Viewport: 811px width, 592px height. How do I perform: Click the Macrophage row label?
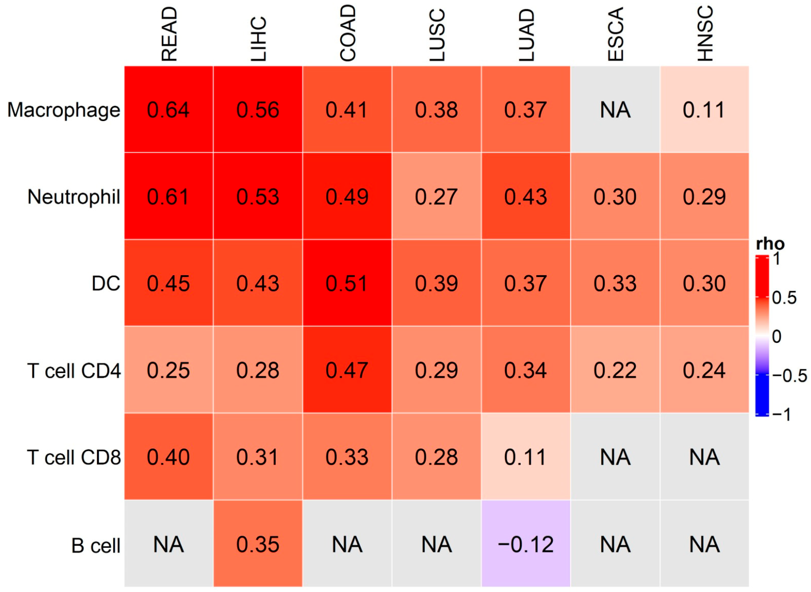[64, 110]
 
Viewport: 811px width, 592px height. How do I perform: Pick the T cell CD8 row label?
[74, 457]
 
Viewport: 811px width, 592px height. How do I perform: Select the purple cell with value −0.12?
[526, 543]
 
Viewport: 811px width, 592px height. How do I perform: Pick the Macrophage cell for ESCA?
[615, 109]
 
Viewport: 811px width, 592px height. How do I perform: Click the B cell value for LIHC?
[258, 543]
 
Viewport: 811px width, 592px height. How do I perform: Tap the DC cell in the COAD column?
[347, 283]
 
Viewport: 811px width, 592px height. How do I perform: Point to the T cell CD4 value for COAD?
[347, 370]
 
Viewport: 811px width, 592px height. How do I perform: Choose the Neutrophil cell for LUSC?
[437, 196]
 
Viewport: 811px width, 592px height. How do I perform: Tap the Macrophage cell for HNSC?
[704, 109]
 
